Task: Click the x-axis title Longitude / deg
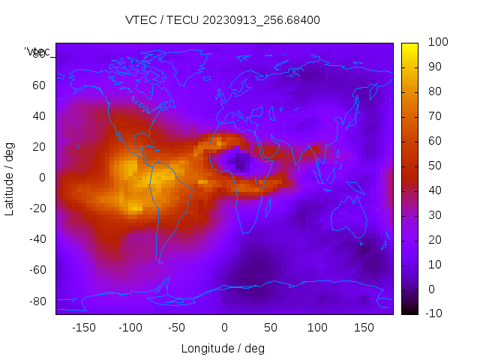pyautogui.click(x=223, y=348)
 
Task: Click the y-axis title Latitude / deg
pyautogui.click(x=10, y=178)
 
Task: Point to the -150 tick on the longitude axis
pyautogui.click(x=83, y=327)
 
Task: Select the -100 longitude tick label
pyautogui.click(x=130, y=327)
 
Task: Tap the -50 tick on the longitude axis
pyautogui.click(x=177, y=327)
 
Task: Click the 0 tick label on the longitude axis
pyautogui.click(x=224, y=327)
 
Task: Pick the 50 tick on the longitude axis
pyautogui.click(x=271, y=327)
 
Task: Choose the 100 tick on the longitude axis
pyautogui.click(x=318, y=327)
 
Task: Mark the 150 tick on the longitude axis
pyautogui.click(x=364, y=327)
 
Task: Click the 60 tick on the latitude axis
pyautogui.click(x=39, y=85)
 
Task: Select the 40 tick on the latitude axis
pyautogui.click(x=39, y=116)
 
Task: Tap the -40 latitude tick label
pyautogui.click(x=36, y=239)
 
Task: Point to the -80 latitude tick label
pyautogui.click(x=36, y=301)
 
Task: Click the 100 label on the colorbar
pyautogui.click(x=433, y=43)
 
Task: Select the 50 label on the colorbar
pyautogui.click(x=431, y=166)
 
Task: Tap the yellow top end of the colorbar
pyautogui.click(x=409, y=46)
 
